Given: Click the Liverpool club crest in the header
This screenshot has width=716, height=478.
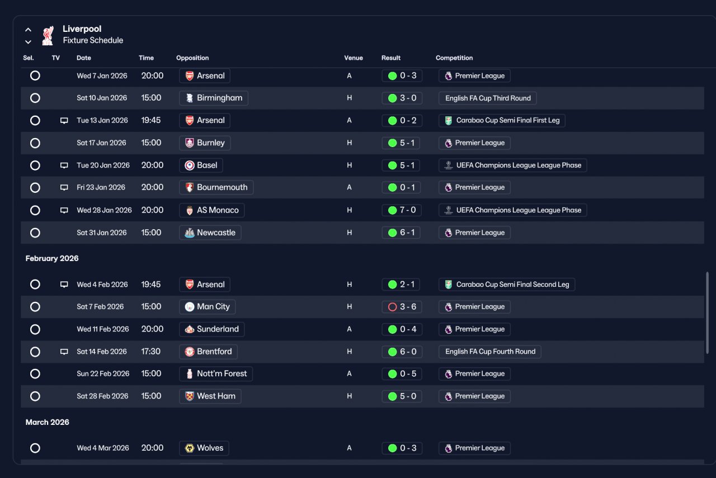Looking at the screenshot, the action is (x=48, y=35).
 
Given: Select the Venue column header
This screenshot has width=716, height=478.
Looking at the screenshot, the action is (x=353, y=58).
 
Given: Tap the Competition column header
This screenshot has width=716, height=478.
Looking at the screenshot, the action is (x=454, y=58).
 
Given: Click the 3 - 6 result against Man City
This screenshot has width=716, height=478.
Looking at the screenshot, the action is (x=402, y=307).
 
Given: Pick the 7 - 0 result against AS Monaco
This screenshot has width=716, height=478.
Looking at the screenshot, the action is (x=402, y=210).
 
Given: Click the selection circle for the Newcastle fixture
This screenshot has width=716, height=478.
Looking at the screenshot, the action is (x=35, y=233).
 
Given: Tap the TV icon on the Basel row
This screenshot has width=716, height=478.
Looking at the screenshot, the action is (x=64, y=165).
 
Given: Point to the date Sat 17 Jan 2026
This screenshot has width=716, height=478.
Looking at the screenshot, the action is (x=101, y=143).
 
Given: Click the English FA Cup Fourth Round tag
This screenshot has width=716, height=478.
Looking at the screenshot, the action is (x=489, y=352).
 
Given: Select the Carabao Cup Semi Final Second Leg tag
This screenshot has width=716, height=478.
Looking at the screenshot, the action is (x=507, y=285).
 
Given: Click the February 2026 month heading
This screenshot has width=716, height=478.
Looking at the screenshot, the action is (x=52, y=258).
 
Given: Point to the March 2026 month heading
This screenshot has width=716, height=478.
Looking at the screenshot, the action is (x=48, y=422).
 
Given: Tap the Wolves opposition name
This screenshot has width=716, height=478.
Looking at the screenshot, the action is (x=210, y=448).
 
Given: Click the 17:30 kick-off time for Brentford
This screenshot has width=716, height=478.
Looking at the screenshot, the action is (x=151, y=352).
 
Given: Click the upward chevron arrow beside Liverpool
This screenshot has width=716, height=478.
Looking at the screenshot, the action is (x=28, y=30).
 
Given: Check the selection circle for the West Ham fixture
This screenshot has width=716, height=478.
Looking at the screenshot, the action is (x=35, y=396).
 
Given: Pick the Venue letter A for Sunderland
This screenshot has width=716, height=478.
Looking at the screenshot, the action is (x=350, y=329).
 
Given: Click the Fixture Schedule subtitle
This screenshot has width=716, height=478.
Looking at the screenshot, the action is (x=93, y=40).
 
